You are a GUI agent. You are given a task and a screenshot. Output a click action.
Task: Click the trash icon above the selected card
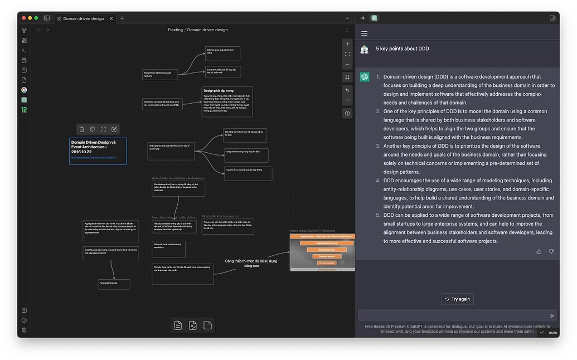(82, 129)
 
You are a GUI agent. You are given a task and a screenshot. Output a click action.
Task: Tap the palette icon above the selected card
(93, 129)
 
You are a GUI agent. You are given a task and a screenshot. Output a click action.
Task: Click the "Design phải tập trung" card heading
(219, 90)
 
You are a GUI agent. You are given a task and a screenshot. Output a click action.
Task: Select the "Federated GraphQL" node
(114, 284)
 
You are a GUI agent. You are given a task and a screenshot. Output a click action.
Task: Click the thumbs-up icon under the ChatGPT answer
(539, 251)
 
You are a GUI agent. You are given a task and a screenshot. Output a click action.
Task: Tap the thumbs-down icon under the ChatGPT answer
(551, 251)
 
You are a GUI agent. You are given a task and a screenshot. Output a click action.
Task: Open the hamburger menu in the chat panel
(365, 33)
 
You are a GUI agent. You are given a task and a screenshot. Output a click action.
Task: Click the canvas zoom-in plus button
(347, 44)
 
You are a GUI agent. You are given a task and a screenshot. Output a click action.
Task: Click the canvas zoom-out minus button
(347, 64)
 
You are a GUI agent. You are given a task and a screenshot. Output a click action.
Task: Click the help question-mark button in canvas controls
(347, 113)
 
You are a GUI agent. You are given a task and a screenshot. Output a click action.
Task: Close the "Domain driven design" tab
(111, 18)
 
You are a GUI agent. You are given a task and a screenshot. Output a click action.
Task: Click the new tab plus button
(122, 18)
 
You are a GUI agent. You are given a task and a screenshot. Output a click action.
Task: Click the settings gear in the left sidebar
(24, 330)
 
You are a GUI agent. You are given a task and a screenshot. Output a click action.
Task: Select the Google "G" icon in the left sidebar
(24, 90)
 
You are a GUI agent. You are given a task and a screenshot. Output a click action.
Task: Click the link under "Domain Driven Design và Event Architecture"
(94, 158)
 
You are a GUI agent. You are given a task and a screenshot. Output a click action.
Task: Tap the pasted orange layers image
(322, 252)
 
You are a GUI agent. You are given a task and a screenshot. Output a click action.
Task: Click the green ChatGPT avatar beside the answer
(365, 77)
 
